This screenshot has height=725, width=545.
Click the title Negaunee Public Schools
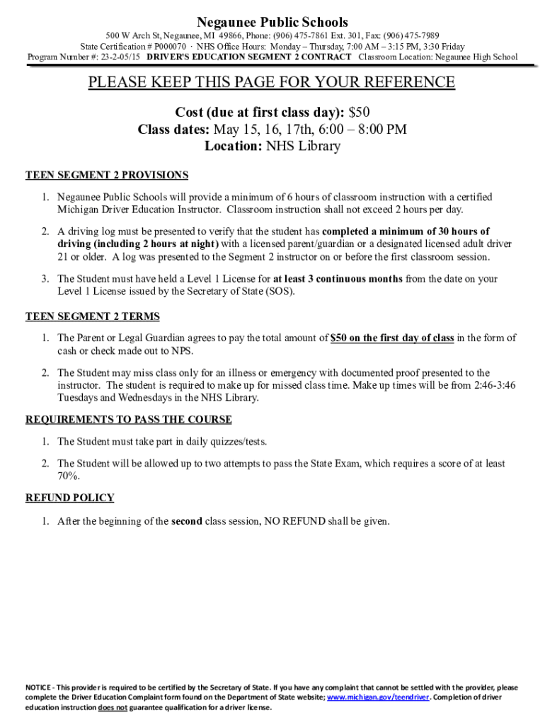tap(272, 23)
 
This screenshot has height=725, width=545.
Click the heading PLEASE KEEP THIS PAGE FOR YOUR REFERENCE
tap(272, 83)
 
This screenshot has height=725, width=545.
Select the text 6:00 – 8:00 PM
tap(363, 130)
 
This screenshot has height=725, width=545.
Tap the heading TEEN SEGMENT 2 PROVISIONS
tap(107, 175)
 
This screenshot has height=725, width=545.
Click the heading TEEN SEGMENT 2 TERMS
tap(93, 316)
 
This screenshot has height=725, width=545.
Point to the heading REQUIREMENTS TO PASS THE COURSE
tap(128, 420)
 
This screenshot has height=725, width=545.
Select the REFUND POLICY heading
tap(70, 498)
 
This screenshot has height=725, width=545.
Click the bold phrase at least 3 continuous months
tap(338, 279)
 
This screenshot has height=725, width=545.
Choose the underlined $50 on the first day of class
tap(392, 338)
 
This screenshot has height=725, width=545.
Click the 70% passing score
tap(68, 476)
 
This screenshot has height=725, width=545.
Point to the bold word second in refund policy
tap(187, 522)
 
